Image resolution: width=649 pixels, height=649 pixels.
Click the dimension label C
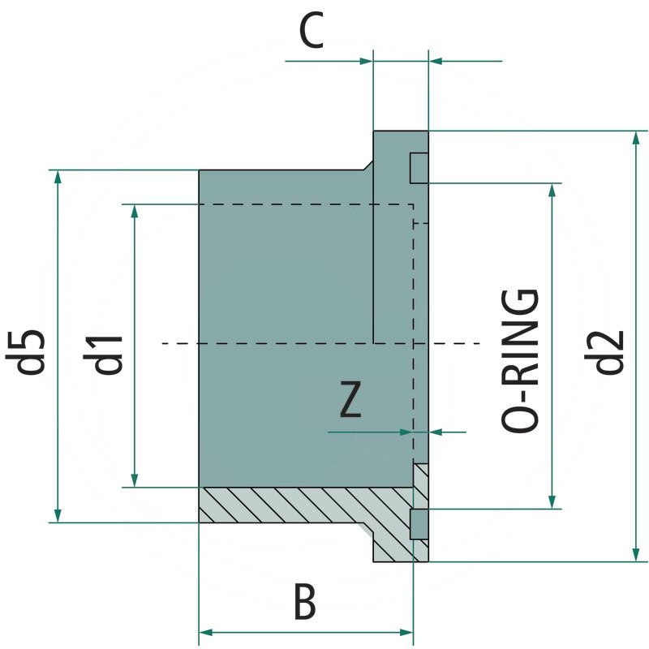pos(312,33)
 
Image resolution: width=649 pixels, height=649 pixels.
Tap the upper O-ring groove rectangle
pos(419,168)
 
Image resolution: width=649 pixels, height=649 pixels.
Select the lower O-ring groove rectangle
pos(419,524)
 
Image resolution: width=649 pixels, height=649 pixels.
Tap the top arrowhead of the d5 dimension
pos(57,178)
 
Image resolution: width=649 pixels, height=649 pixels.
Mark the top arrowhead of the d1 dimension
pos(135,212)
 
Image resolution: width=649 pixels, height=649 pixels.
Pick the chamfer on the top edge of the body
pos(367,164)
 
